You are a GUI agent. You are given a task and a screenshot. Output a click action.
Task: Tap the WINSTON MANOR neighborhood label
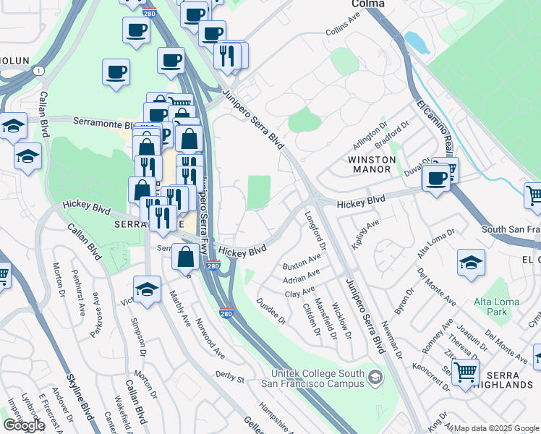pyautogui.click(x=372, y=164)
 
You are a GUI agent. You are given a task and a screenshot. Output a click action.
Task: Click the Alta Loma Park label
pyautogui.click(x=490, y=307)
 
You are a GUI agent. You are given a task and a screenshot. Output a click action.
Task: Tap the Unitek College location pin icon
pyautogui.click(x=375, y=377)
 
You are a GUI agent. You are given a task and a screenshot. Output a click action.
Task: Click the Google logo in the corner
pyautogui.click(x=24, y=425)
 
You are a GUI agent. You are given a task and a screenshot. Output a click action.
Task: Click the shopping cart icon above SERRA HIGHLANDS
pyautogui.click(x=465, y=372)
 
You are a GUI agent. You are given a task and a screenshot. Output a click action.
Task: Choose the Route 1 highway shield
pyautogui.click(x=36, y=70)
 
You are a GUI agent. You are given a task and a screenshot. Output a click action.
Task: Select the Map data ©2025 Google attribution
pyautogui.click(x=495, y=428)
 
